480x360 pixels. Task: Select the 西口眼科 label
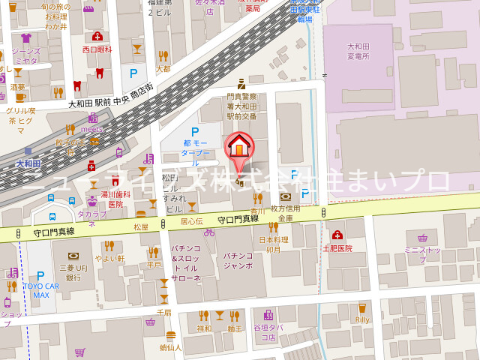point(97,49)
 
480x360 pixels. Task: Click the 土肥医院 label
point(337,248)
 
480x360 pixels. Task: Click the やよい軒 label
point(110,259)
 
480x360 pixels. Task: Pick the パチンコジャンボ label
point(238,260)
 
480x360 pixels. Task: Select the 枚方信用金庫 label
point(285,213)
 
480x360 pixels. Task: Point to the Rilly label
point(362,320)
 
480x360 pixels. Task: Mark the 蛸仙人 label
point(170,347)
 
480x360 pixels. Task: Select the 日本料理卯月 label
point(274,244)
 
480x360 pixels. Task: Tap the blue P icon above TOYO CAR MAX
point(40,275)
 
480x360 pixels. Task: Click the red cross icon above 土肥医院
point(337,235)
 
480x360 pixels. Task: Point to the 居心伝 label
point(191,221)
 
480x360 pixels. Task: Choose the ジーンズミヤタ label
point(25,56)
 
